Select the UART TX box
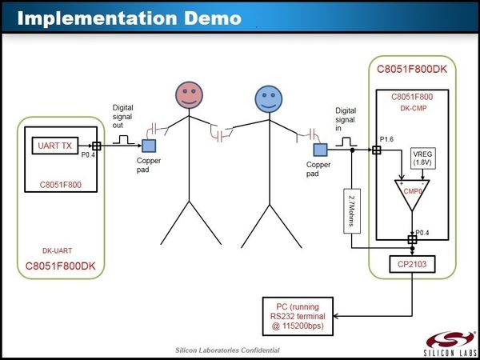[x=54, y=146]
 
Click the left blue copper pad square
[x=149, y=146]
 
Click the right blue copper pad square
[x=321, y=149]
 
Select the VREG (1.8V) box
[x=423, y=157]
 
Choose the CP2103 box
[x=411, y=262]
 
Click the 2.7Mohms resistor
[x=352, y=210]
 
